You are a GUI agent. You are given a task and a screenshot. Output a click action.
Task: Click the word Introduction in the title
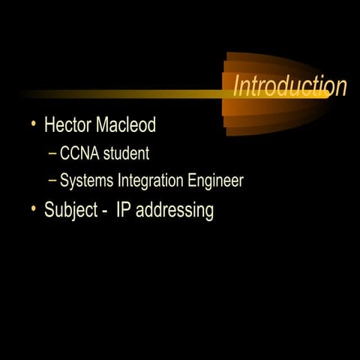click(x=289, y=86)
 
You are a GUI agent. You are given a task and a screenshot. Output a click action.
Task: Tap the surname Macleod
click(x=125, y=124)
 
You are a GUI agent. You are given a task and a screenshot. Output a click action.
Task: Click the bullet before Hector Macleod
click(x=34, y=124)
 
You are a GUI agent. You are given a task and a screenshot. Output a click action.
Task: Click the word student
click(x=126, y=154)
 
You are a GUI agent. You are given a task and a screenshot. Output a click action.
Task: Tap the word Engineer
click(x=217, y=181)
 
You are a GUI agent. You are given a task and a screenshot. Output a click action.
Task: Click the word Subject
click(x=70, y=210)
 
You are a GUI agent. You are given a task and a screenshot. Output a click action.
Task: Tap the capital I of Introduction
click(x=237, y=86)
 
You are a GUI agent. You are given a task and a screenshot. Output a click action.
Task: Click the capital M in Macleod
click(x=103, y=124)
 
